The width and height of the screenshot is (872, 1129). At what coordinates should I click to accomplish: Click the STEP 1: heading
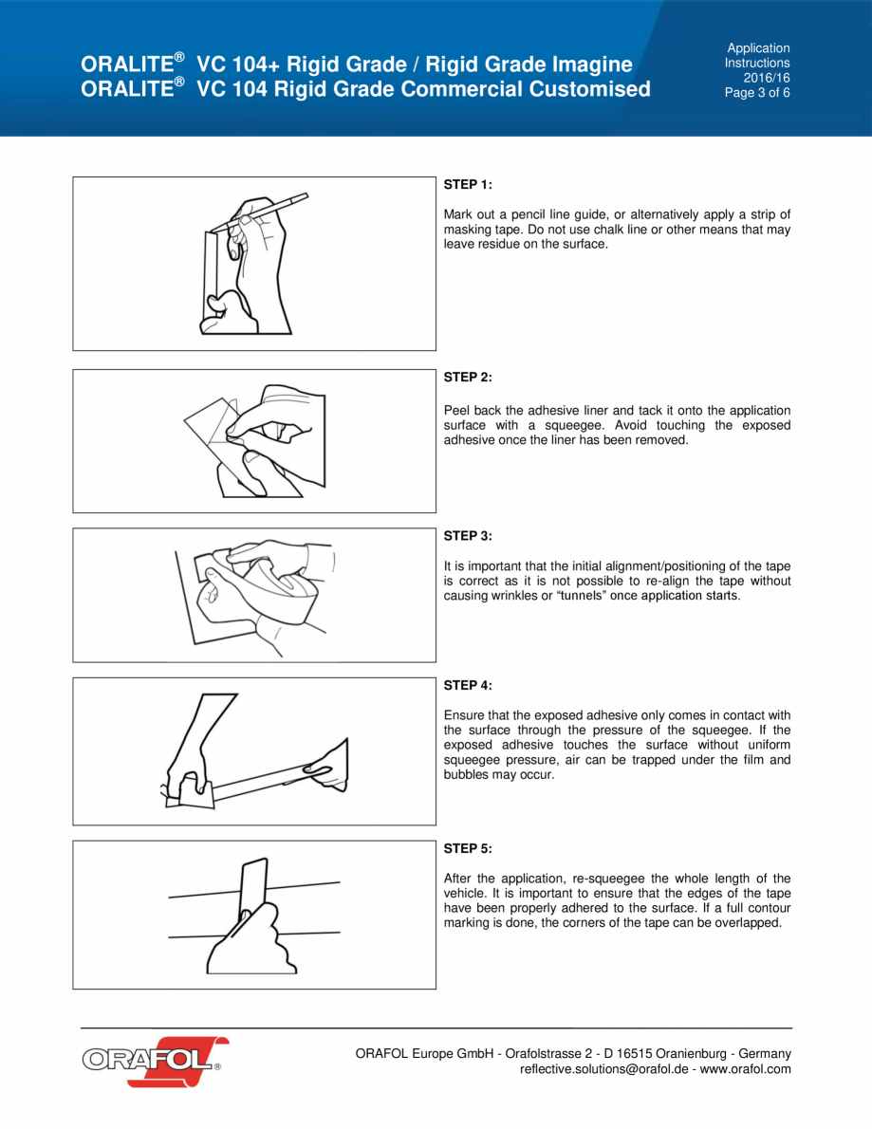[x=468, y=184]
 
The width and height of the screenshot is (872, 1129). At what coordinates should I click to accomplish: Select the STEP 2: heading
[x=468, y=377]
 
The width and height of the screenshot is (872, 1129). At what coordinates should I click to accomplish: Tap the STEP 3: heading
[x=468, y=536]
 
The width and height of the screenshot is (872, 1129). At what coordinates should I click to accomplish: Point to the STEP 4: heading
[x=468, y=685]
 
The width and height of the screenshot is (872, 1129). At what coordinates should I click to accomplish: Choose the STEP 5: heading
[x=468, y=848]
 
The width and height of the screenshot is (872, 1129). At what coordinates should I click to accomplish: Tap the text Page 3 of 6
[x=757, y=93]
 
